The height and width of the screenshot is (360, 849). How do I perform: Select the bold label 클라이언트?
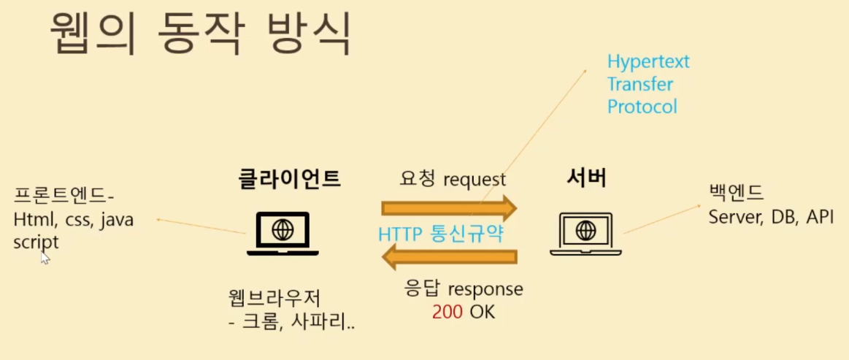290,178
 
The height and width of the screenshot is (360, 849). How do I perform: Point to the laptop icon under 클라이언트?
283,234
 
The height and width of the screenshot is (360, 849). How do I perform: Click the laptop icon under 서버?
585,234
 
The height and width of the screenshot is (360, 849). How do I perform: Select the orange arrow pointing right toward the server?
448,207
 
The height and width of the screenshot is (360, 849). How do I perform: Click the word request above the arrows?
474,179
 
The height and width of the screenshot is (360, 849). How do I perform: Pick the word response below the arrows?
486,288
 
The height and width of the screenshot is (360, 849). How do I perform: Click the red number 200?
447,311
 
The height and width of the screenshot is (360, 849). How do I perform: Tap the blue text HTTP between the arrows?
400,234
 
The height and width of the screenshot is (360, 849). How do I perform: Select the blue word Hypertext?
648,61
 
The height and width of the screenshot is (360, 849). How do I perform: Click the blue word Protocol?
642,107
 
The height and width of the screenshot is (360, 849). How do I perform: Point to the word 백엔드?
736,194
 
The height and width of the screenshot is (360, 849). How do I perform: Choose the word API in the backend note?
819,217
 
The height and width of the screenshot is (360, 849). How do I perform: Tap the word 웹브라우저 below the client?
274,299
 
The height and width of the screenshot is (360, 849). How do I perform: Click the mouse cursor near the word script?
45,257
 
